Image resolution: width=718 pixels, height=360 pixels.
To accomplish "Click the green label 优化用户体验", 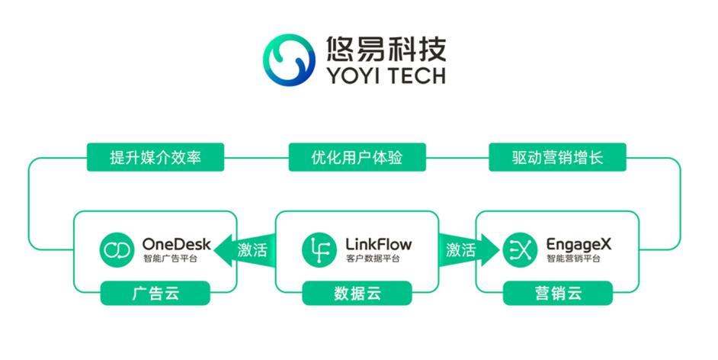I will click(x=357, y=158).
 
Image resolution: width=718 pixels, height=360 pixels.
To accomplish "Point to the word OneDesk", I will click(x=177, y=244).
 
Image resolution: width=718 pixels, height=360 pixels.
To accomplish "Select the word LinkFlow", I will click(x=378, y=244).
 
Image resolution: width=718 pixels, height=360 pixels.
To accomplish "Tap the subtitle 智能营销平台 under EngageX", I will click(x=574, y=259).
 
